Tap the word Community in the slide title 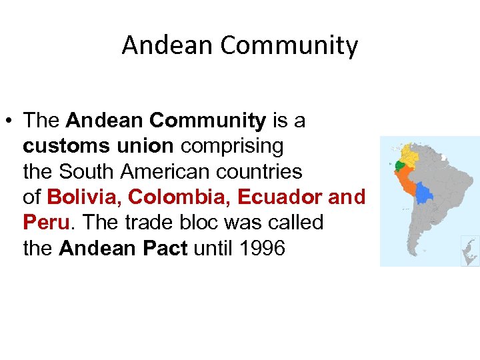tap(289, 45)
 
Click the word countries tap(265, 171)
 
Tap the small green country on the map tap(399, 165)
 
